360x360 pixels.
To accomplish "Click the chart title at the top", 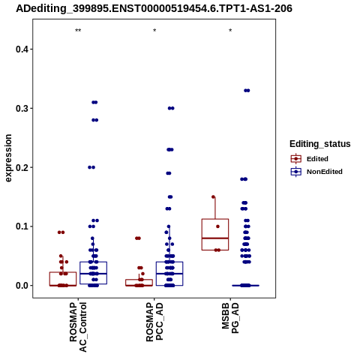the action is click(154, 9).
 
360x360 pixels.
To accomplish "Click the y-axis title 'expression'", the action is click(8, 158).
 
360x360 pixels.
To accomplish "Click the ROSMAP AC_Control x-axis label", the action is click(78, 327).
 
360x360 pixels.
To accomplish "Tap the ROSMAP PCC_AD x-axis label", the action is click(154, 322).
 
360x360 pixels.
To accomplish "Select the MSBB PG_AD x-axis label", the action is click(230, 318).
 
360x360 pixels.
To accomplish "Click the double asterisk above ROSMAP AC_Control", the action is click(78, 31).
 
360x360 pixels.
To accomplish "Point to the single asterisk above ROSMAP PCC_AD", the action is click(154, 31).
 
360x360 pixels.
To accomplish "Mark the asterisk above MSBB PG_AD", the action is click(230, 31).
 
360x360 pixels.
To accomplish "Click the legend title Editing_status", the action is click(320, 144).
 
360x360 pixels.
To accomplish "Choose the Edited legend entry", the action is click(309, 159).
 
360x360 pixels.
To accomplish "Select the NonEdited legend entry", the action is click(316, 172).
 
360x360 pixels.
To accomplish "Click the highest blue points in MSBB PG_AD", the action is click(247, 91).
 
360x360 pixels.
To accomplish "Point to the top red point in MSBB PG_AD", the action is click(213, 197).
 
